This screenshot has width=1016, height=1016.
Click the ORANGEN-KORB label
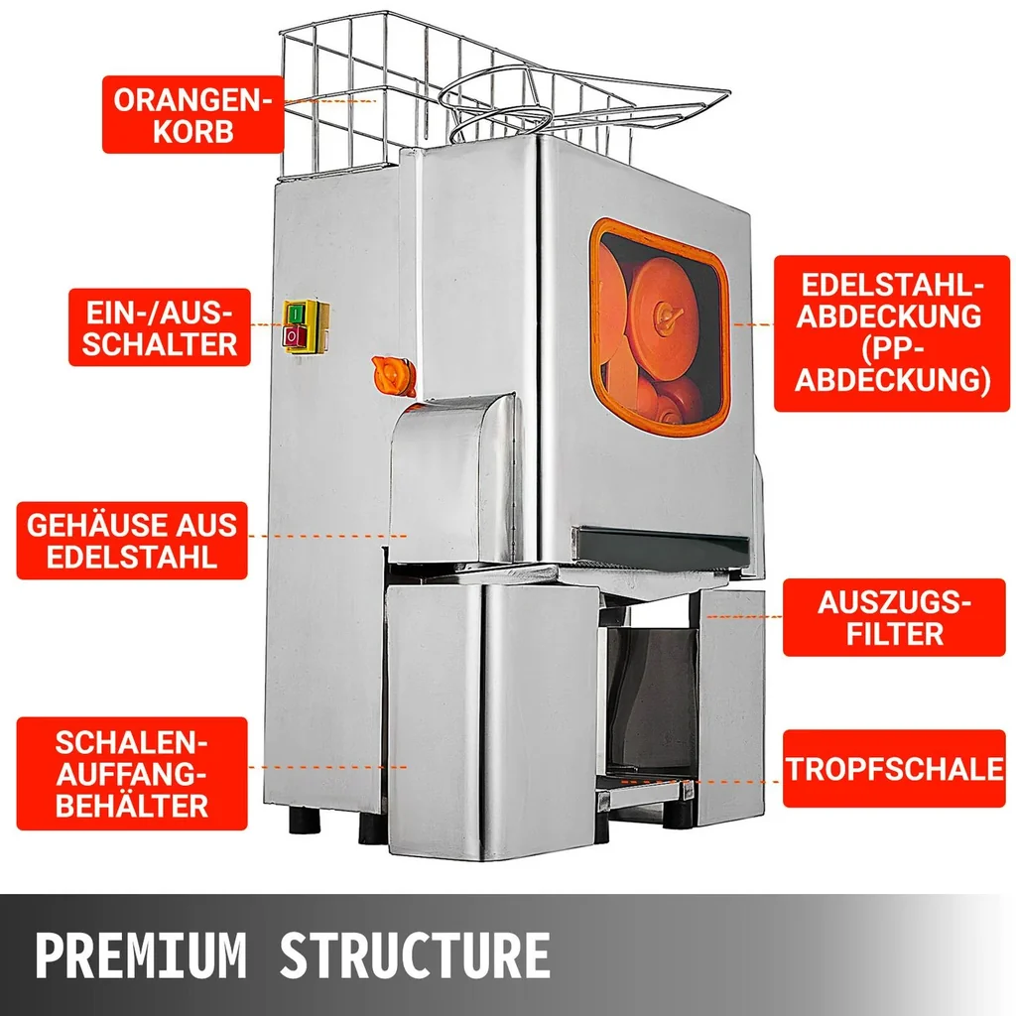(193, 115)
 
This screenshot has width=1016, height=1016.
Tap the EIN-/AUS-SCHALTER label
(160, 327)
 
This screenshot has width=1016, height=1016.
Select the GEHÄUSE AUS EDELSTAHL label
(132, 541)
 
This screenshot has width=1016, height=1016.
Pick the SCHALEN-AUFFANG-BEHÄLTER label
(132, 774)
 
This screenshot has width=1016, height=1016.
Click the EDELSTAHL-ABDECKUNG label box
(892, 333)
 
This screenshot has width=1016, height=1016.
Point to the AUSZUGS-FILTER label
(894, 617)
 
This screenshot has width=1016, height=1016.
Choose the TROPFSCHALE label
(894, 769)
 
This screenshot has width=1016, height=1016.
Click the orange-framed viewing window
(660, 327)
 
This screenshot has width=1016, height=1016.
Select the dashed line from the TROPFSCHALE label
(700, 782)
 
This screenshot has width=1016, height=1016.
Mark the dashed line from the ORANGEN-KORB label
(329, 102)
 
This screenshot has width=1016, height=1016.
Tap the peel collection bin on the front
(492, 719)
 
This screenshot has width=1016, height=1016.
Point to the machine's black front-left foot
(305, 819)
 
